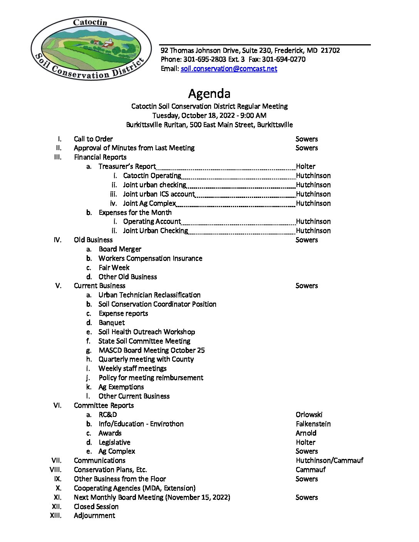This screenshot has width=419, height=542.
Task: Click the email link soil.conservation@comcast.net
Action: pyautogui.click(x=229, y=69)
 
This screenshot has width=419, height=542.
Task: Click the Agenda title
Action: pyautogui.click(x=209, y=94)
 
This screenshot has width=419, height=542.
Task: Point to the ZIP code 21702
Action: pyautogui.click(x=330, y=50)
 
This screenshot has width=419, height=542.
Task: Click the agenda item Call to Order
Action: pyautogui.click(x=93, y=139)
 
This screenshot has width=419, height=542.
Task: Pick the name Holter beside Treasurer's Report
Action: pyautogui.click(x=305, y=166)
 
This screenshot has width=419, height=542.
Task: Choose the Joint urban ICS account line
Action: pyautogui.click(x=159, y=194)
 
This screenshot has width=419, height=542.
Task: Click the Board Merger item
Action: pyautogui.click(x=120, y=249)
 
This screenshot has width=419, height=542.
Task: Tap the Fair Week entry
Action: pyautogui.click(x=114, y=268)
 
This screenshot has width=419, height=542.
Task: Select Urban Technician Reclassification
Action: pyautogui.click(x=149, y=295)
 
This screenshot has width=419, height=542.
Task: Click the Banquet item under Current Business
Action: pyautogui.click(x=112, y=323)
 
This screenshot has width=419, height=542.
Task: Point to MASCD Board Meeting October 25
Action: pyautogui.click(x=151, y=350)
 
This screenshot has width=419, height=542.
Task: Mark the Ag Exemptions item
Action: pyautogui.click(x=121, y=387)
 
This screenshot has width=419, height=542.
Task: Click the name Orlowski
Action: pyautogui.click(x=309, y=415)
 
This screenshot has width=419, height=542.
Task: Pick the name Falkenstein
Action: pyautogui.click(x=313, y=424)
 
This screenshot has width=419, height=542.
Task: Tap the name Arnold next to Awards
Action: pyautogui.click(x=306, y=433)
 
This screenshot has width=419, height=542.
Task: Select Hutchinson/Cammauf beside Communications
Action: pyautogui.click(x=329, y=460)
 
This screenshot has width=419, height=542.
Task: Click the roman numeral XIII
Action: pyautogui.click(x=56, y=515)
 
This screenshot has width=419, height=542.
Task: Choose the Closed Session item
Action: pyautogui.click(x=96, y=507)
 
